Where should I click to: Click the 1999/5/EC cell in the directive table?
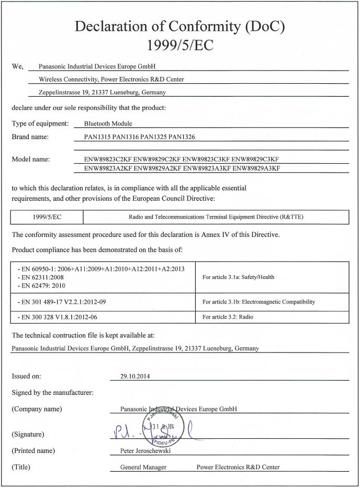(x=47, y=217)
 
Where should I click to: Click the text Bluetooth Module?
(x=108, y=124)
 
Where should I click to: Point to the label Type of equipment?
(x=40, y=124)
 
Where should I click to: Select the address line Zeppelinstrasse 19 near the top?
(x=103, y=93)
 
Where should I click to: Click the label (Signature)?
(x=28, y=435)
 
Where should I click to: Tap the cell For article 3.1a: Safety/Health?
(x=238, y=277)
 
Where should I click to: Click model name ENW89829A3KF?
(x=256, y=168)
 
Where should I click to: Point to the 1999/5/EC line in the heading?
(x=180, y=46)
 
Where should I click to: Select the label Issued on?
(x=26, y=376)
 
